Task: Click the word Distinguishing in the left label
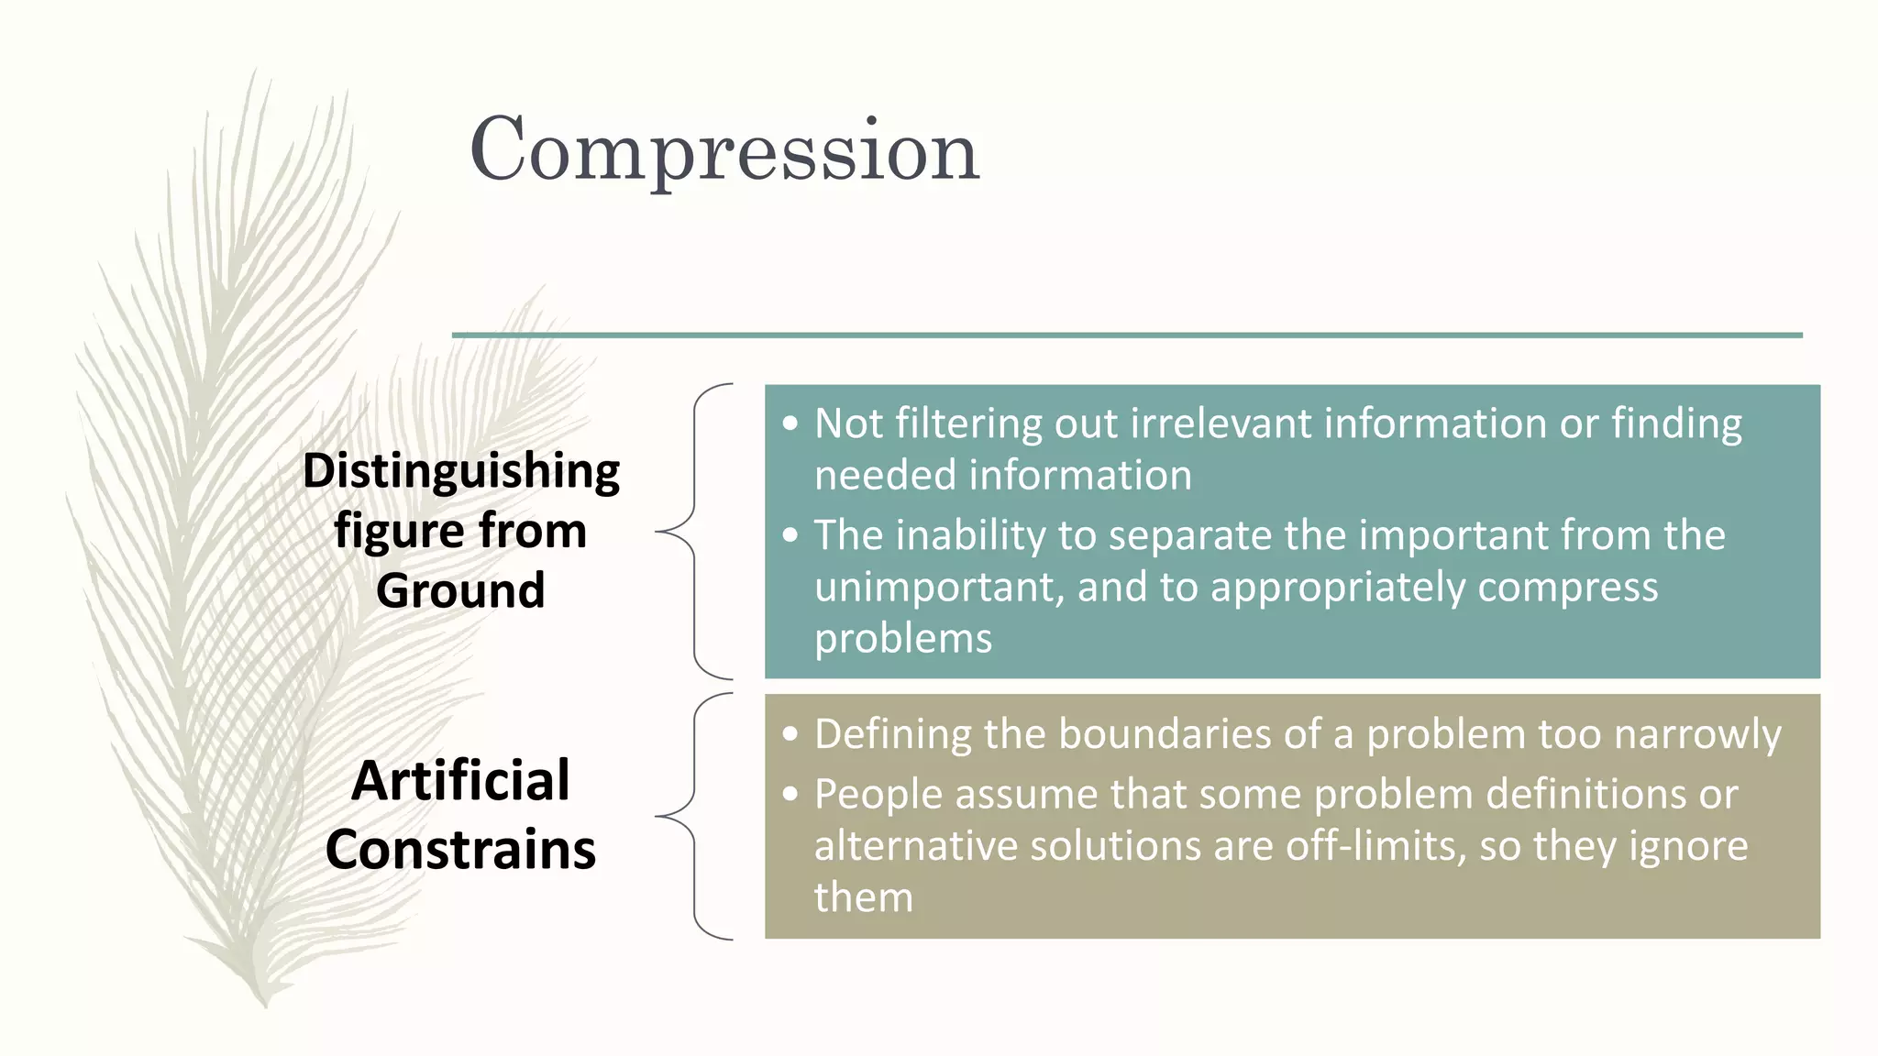coord(461,472)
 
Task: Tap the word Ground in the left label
coord(460,590)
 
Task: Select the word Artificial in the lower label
coord(460,781)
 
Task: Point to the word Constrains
coord(460,850)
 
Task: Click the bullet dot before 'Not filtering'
coord(790,424)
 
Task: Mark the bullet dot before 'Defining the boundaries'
coord(790,735)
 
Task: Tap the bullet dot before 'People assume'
coord(790,795)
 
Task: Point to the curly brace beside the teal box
coord(694,531)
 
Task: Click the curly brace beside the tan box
coord(694,816)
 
